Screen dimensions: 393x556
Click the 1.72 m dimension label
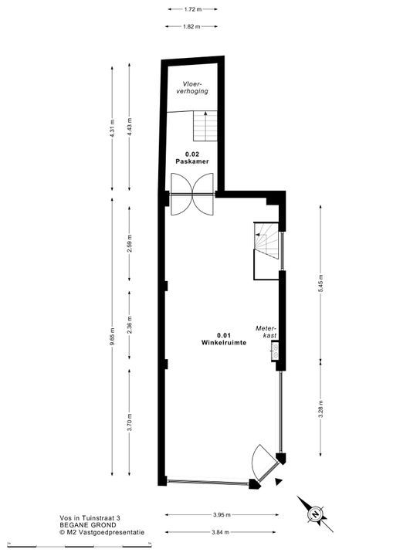(x=192, y=9)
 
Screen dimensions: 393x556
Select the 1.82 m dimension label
(x=191, y=26)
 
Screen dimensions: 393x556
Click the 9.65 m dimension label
(x=112, y=336)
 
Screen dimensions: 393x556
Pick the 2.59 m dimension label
(x=129, y=243)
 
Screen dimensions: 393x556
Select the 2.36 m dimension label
(x=129, y=325)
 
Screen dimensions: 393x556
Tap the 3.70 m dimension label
(x=129, y=422)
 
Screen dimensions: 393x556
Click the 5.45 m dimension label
(x=320, y=283)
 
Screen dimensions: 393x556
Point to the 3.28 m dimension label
(x=320, y=409)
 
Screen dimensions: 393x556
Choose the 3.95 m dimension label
(x=222, y=514)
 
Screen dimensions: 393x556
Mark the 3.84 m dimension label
(x=220, y=532)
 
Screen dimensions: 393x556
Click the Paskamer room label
(x=192, y=161)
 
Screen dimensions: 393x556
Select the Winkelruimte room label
(x=224, y=343)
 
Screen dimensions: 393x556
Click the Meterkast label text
(x=266, y=332)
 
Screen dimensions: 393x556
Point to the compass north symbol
(x=314, y=514)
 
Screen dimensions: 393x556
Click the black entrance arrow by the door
(x=280, y=481)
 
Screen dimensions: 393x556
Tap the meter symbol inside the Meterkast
(x=275, y=351)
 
